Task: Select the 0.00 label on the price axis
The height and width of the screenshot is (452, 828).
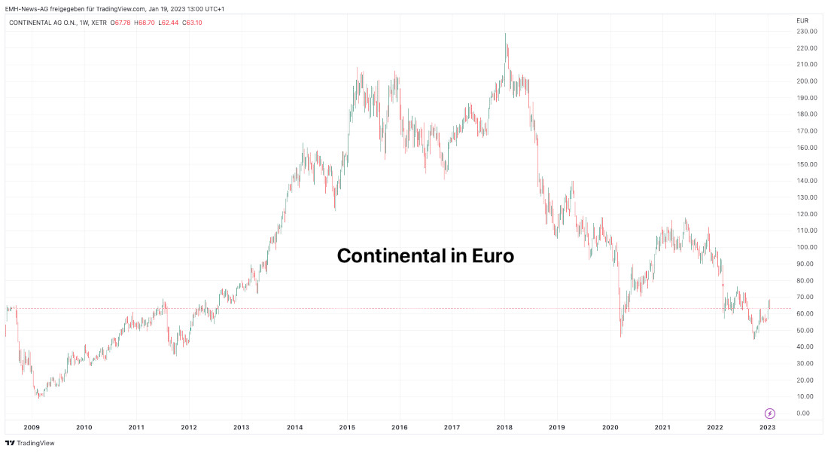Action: tap(803, 413)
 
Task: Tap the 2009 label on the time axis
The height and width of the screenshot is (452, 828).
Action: tap(32, 427)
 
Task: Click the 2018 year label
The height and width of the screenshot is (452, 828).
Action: tap(504, 427)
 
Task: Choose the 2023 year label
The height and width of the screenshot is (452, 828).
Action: tap(767, 427)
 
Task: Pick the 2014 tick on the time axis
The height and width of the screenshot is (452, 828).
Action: tap(294, 427)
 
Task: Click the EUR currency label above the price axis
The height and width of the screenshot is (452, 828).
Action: tap(802, 20)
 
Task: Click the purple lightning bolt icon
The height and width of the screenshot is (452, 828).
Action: tap(770, 413)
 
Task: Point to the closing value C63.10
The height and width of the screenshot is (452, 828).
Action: tap(192, 23)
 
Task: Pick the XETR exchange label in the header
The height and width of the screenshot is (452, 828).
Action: tap(98, 23)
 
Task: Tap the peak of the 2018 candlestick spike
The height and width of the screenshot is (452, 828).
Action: tap(505, 34)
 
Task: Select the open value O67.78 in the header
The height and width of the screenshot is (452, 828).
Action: tap(121, 23)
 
